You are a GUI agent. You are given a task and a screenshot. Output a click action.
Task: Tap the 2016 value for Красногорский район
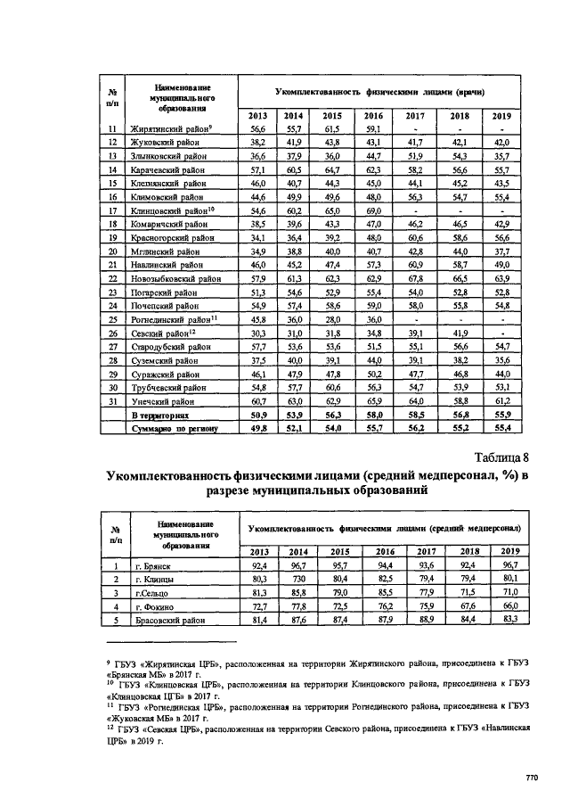point(373,238)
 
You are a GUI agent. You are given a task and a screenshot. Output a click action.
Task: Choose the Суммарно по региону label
point(175,429)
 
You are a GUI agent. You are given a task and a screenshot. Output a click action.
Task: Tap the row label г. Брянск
point(152,565)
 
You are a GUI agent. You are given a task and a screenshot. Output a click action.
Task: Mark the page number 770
point(532,778)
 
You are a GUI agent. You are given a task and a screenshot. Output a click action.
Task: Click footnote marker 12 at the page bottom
point(109,728)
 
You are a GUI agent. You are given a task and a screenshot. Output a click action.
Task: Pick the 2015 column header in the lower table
point(332,551)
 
